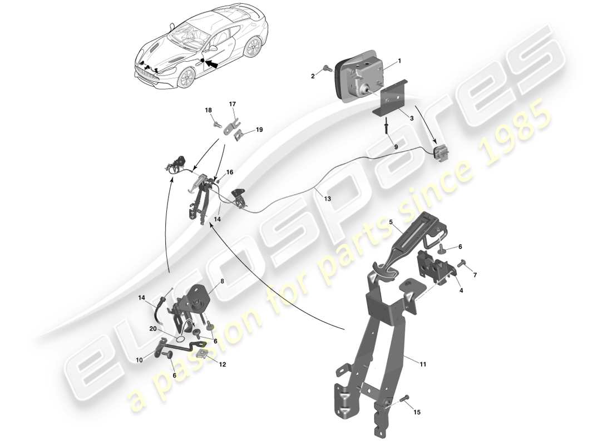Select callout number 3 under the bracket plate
(411, 118)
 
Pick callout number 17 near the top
(232, 104)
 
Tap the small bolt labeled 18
(216, 124)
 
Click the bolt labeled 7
(462, 265)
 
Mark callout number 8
(222, 281)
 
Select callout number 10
(140, 360)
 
